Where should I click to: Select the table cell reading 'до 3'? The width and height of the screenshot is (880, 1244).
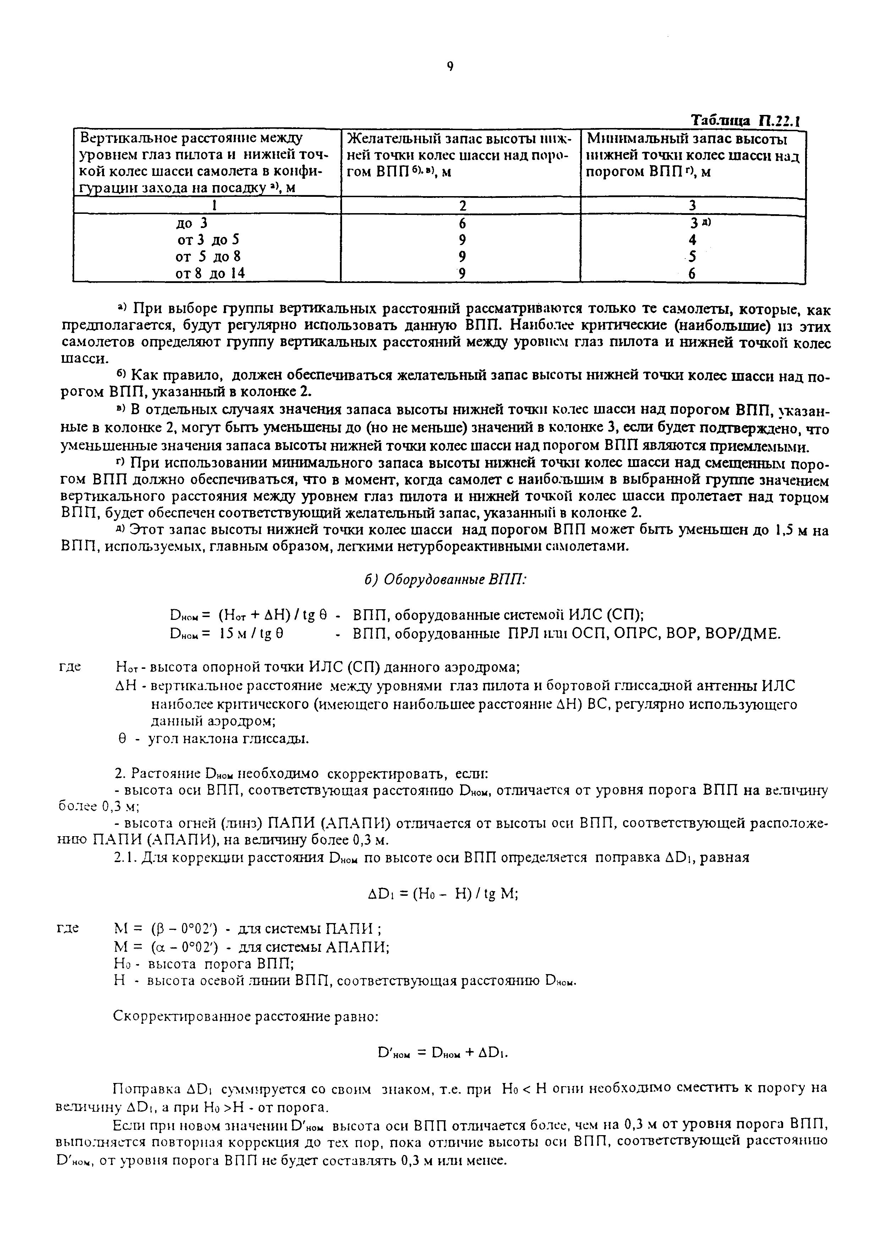click(x=196, y=223)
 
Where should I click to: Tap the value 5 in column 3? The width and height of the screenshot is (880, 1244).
click(x=692, y=256)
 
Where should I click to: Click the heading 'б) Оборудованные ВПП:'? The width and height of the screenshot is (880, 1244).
click(x=445, y=579)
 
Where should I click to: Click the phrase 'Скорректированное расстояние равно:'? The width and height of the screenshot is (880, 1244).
click(x=246, y=1017)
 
